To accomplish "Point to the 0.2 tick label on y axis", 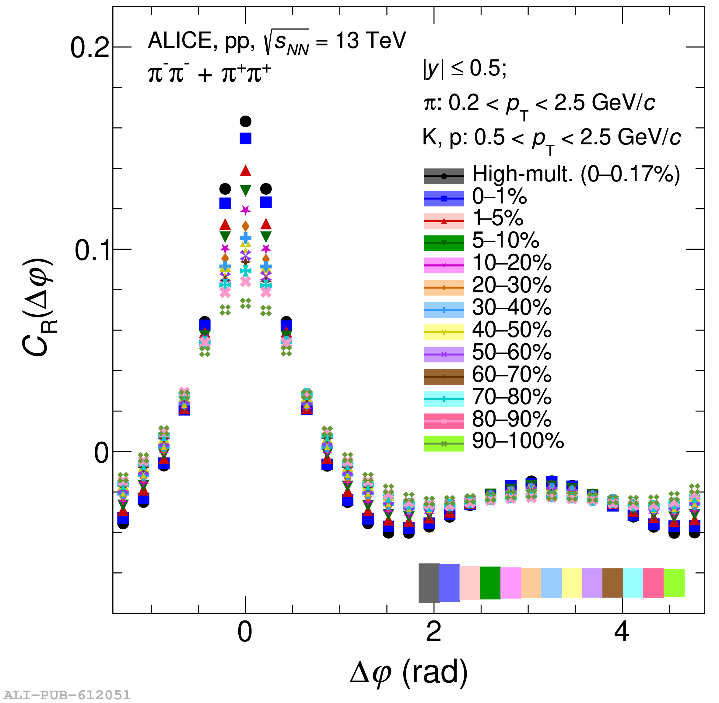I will pos(89,48).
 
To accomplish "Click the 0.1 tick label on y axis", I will pos(92,250).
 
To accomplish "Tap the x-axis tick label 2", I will pos(433,632).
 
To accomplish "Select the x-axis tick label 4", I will pos(622,632).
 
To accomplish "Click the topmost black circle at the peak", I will pos(246,121).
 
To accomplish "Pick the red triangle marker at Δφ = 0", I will pos(246,171).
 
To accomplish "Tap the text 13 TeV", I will pos(370,40).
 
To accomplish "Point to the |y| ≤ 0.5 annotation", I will pos(465,69).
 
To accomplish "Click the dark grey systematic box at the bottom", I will pos(429,583).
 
